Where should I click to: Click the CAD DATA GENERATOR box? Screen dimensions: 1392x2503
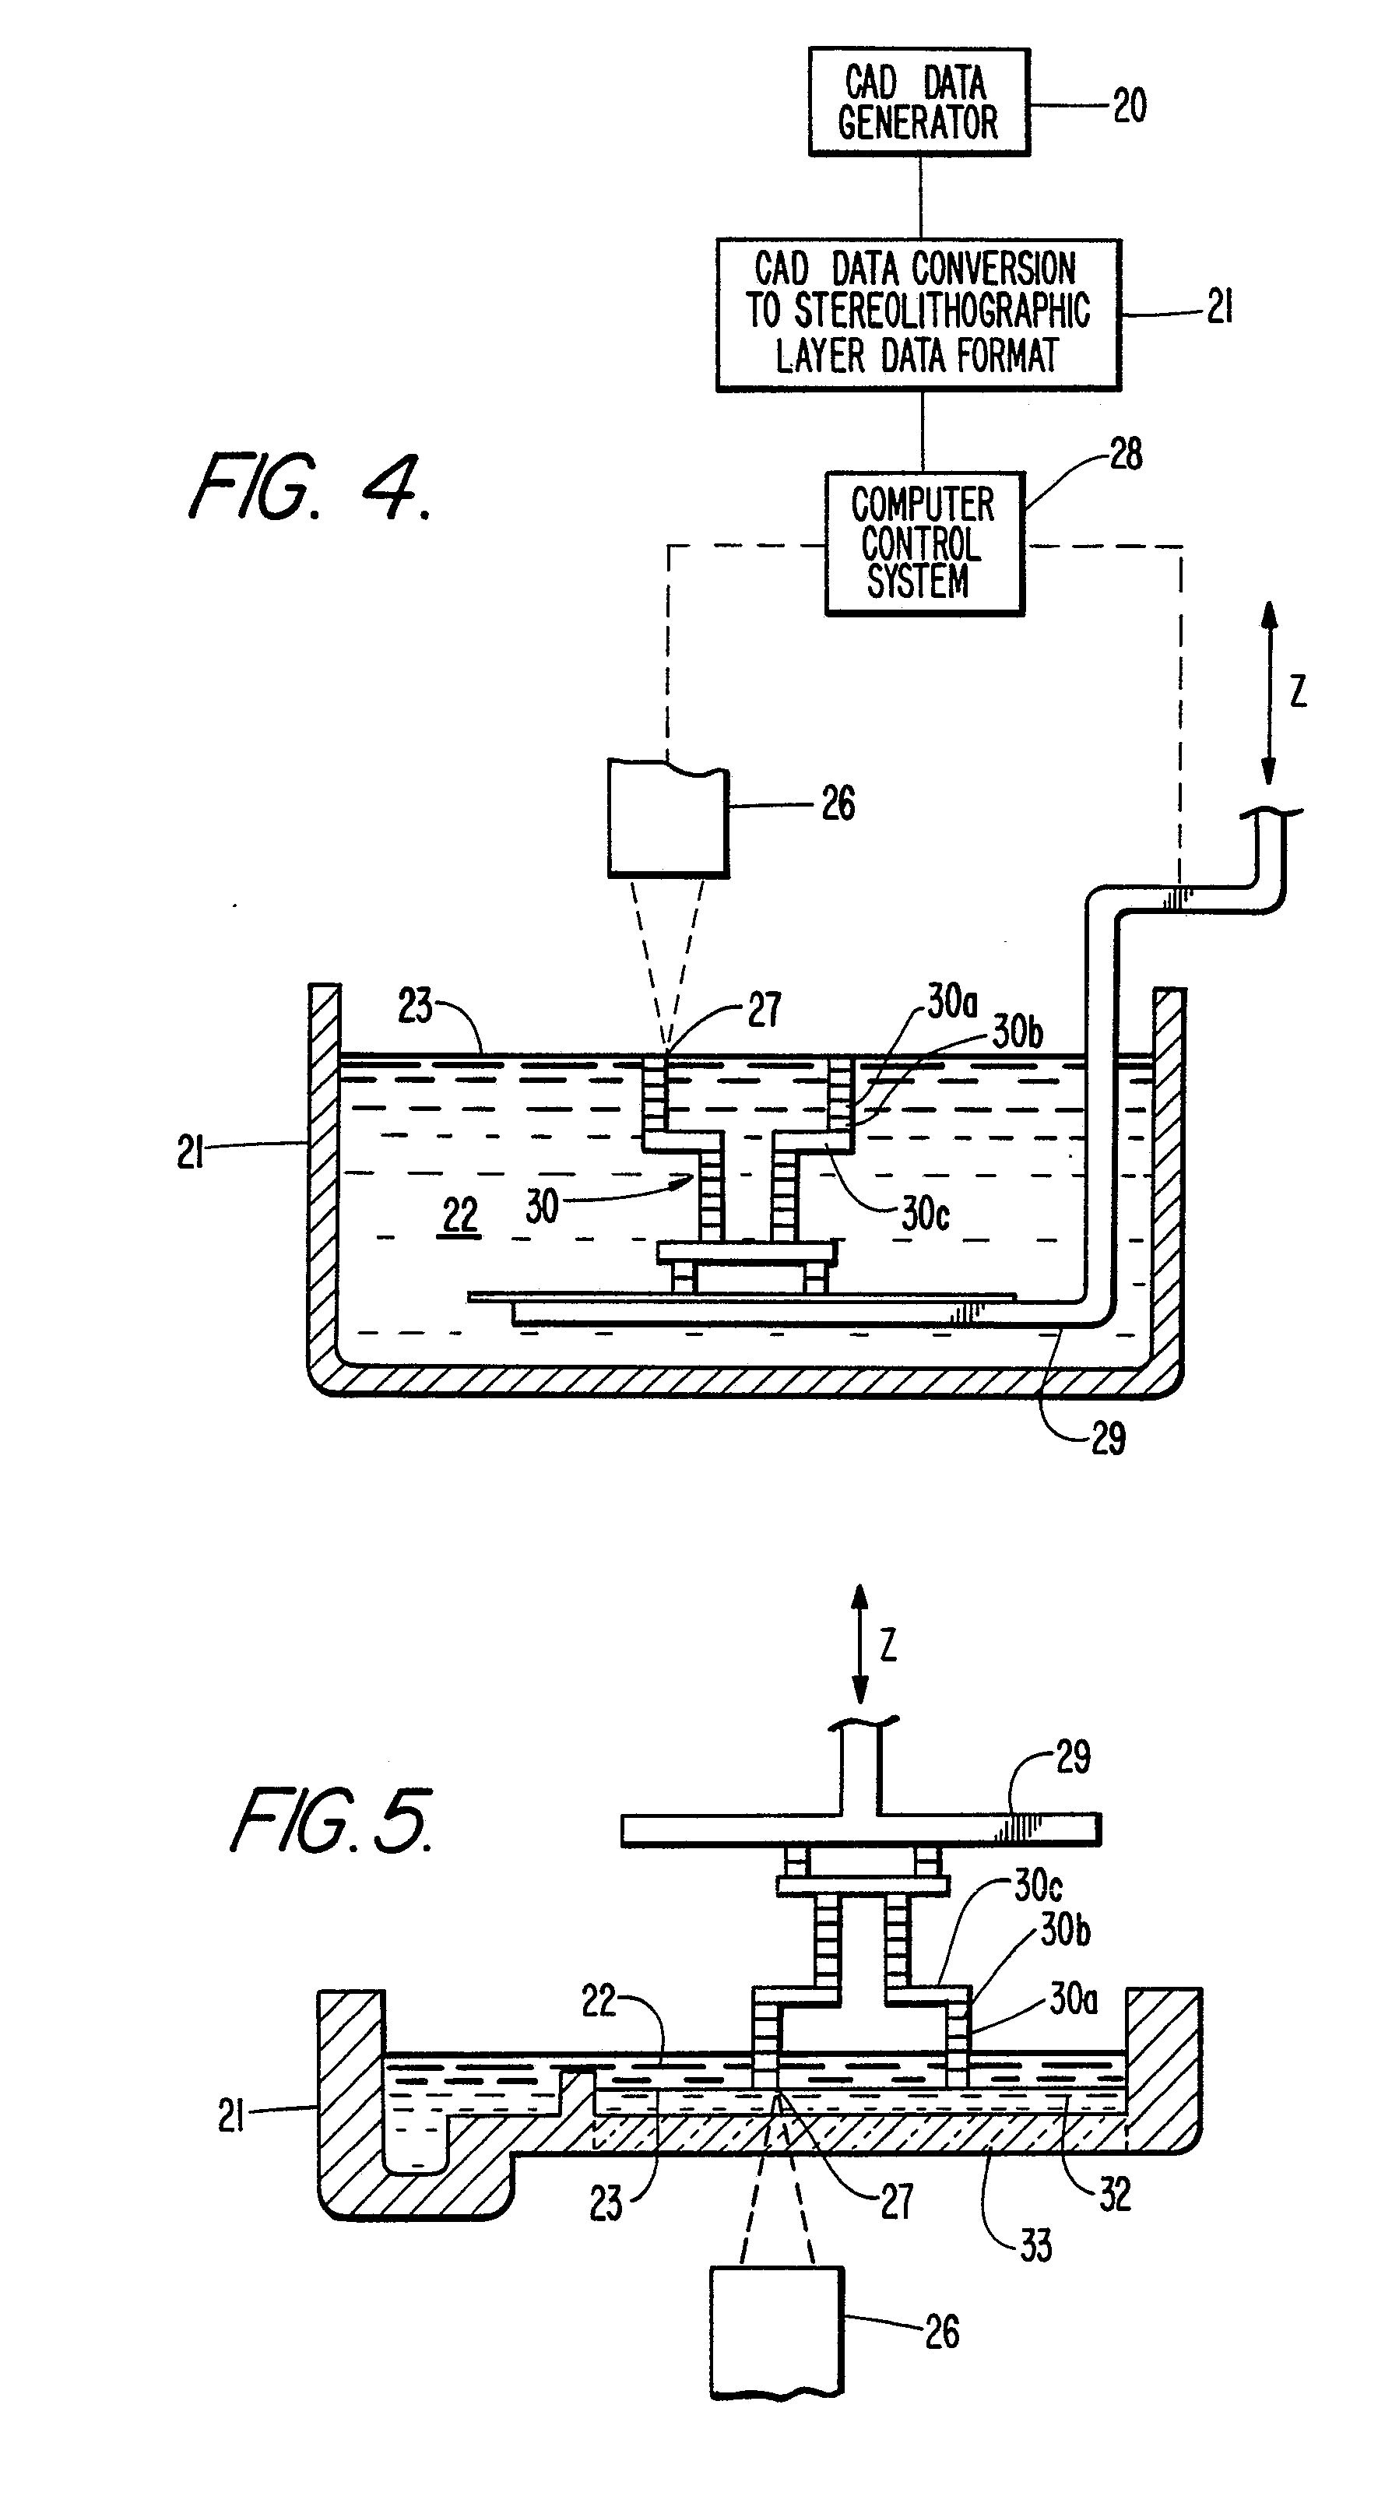pos(919,102)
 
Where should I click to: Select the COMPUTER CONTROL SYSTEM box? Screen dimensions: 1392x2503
pos(924,544)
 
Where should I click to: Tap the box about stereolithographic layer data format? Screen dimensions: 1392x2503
pos(918,315)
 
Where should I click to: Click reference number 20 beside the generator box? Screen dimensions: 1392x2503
pos(1130,105)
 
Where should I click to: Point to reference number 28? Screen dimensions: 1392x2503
pos(1125,454)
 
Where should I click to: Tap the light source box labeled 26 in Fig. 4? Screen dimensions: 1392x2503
pos(668,818)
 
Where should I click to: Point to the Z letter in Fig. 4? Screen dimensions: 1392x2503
pos(1298,692)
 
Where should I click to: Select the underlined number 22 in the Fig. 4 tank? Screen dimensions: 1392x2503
pos(460,1215)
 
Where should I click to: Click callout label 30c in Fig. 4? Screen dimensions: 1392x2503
pos(925,1214)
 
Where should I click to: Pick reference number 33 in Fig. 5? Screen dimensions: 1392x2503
pos(1035,2245)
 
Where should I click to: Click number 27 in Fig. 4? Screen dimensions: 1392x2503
pos(764,1011)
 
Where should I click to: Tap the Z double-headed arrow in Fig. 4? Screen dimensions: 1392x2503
pos(1269,692)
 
